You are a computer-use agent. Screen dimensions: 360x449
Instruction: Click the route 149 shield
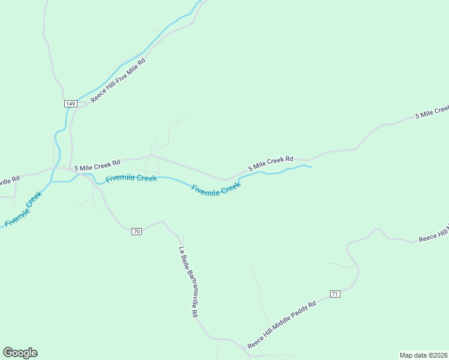(x=70, y=104)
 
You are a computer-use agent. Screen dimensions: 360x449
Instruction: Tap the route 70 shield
(x=136, y=232)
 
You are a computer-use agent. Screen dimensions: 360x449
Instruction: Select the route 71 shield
(x=335, y=293)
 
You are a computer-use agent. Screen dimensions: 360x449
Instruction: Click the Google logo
(x=20, y=353)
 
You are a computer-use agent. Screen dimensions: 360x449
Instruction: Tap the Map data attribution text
(x=423, y=355)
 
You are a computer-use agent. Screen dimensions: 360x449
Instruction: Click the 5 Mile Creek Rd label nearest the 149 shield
(x=97, y=166)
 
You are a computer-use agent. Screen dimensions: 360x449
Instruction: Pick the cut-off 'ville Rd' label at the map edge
(x=10, y=179)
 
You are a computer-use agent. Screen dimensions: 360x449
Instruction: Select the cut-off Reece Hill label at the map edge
(x=433, y=236)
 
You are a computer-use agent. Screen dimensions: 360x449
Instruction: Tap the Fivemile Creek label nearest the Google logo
(x=23, y=210)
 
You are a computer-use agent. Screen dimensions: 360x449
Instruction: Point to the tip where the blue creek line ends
(x=312, y=167)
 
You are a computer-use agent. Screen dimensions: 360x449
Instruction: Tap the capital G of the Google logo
(x=8, y=353)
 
